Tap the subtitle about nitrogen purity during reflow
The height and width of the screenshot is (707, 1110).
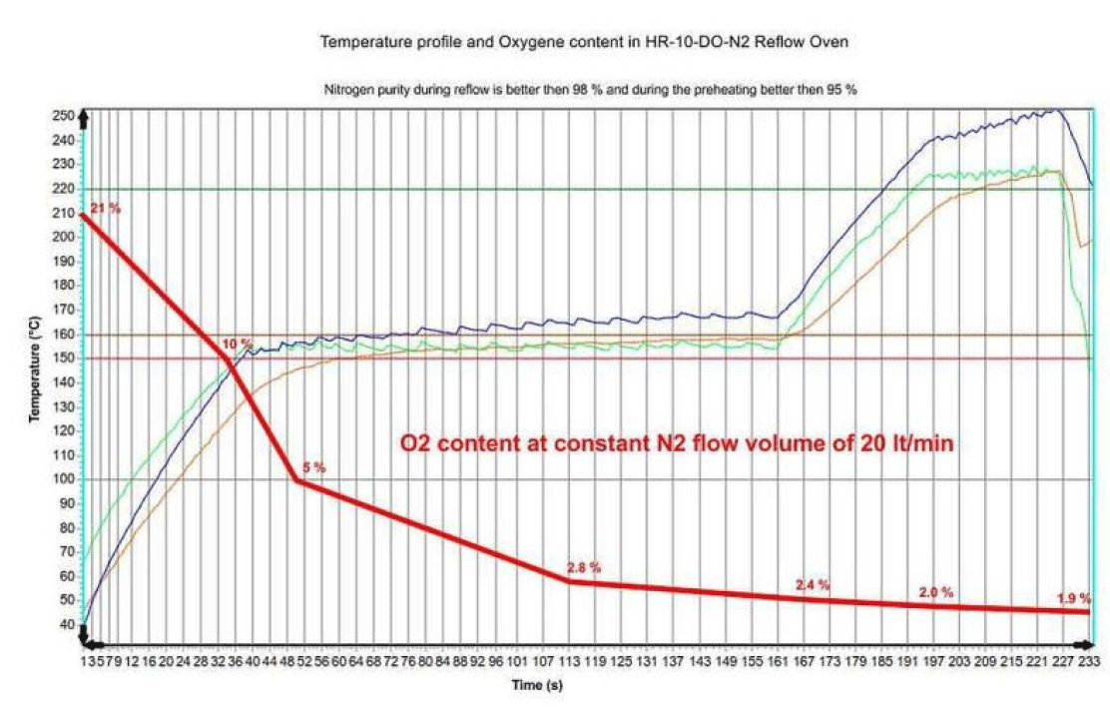click(x=591, y=90)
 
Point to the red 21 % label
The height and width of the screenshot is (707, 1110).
click(x=105, y=209)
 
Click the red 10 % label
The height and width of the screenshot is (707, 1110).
click(x=237, y=345)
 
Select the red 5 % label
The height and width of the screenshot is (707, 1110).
click(x=312, y=467)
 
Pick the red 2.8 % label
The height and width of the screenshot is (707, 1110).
click(x=583, y=567)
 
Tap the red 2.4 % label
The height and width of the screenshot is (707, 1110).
click(x=812, y=585)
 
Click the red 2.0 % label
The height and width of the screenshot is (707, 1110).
click(x=936, y=593)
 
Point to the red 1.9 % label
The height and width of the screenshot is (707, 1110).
click(x=1073, y=599)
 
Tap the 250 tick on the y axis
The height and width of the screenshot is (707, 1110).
click(x=65, y=116)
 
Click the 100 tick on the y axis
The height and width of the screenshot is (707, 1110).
click(x=65, y=479)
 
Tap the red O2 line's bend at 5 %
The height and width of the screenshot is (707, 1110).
click(x=296, y=480)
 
